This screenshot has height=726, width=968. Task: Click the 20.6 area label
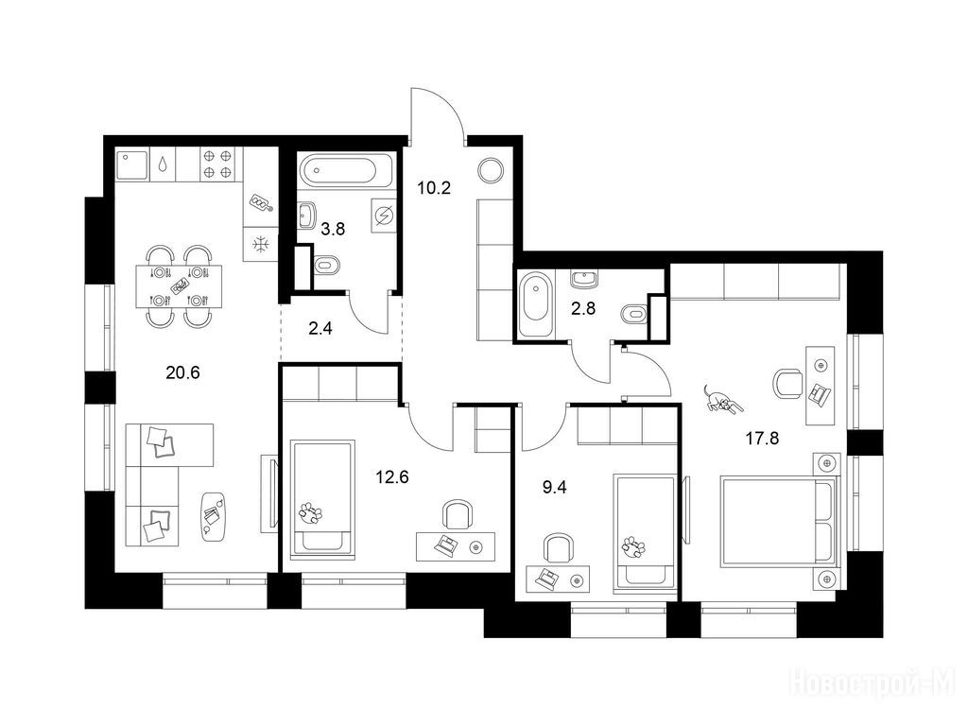[182, 372]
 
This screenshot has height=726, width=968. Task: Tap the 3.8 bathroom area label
[333, 230]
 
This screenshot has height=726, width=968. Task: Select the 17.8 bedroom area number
[762, 439]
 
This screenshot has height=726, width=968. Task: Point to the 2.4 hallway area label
[320, 328]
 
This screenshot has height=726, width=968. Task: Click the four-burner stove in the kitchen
[218, 164]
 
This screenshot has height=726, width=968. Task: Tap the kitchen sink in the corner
[132, 164]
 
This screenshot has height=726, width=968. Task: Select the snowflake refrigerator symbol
[261, 245]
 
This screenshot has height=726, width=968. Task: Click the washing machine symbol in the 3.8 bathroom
[384, 216]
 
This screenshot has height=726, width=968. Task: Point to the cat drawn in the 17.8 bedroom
[721, 400]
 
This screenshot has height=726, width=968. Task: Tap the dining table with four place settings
[179, 285]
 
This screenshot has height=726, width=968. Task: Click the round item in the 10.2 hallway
[492, 170]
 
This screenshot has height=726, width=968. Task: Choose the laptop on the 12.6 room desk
[445, 545]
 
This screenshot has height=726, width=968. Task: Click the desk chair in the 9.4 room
[558, 548]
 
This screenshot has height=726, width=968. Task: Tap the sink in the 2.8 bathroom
[584, 279]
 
